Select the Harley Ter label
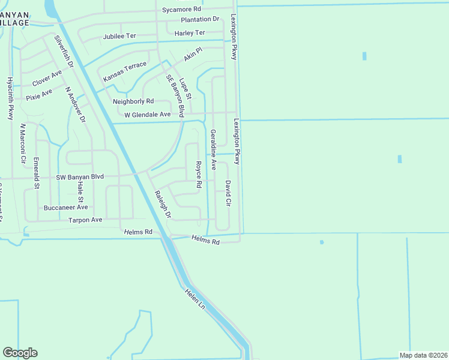point(190,32)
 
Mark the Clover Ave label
point(47,78)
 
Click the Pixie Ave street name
point(39,95)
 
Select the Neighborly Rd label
point(133,101)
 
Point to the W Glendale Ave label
point(147,114)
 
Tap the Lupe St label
point(185,88)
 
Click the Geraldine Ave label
point(212,149)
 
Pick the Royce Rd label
point(198,174)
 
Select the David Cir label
point(228,192)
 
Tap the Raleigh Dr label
point(163,204)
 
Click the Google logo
point(20,353)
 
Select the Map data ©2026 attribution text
point(423,355)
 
